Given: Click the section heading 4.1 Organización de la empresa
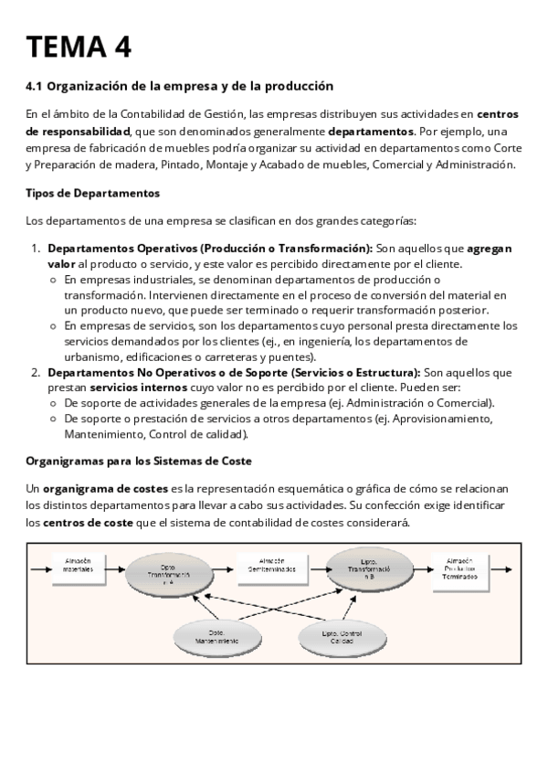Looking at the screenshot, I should click(180, 87).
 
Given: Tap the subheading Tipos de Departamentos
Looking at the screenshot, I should click(92, 193).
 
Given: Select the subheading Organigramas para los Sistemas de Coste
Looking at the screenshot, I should click(139, 461).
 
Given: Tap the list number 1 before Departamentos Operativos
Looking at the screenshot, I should click(36, 248).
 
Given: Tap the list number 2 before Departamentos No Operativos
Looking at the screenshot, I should click(36, 372).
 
